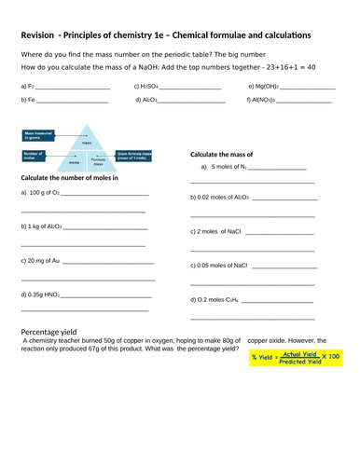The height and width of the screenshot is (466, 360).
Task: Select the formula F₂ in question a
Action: [x=29, y=86]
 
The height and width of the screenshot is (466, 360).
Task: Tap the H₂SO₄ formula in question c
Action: [x=152, y=86]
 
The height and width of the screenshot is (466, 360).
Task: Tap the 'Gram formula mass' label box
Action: [x=136, y=155]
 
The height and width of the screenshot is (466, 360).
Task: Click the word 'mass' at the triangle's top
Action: [x=87, y=143]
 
